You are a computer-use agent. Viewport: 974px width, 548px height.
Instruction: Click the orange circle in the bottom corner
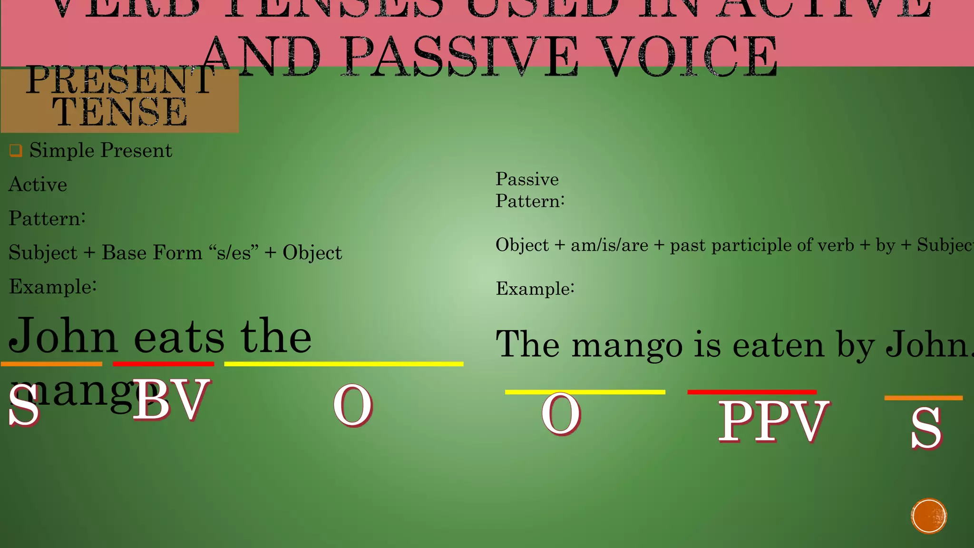pos(929,516)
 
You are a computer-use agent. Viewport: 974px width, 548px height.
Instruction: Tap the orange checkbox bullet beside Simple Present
pos(16,151)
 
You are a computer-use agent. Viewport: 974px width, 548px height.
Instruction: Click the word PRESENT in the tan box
pos(120,80)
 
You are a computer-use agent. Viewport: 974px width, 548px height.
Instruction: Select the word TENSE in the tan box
pos(120,112)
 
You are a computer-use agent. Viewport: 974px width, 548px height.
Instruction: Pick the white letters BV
pos(171,400)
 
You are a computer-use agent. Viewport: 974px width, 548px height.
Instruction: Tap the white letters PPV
pos(773,421)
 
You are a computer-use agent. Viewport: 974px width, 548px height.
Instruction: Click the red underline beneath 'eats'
pos(163,364)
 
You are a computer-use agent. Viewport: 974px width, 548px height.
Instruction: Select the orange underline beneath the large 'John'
pos(51,364)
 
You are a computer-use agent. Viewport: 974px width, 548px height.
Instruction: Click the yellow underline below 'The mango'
pos(585,392)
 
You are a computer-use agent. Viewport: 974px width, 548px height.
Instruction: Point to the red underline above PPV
pos(752,392)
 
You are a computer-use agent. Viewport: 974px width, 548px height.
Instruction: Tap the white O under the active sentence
pos(352,405)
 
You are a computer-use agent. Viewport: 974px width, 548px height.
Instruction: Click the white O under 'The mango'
pos(561,414)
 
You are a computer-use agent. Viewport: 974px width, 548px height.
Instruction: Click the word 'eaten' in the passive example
pos(778,345)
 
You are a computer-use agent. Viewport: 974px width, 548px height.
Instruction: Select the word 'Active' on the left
pos(38,185)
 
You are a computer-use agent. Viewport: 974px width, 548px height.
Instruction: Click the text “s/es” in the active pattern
pos(234,253)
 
